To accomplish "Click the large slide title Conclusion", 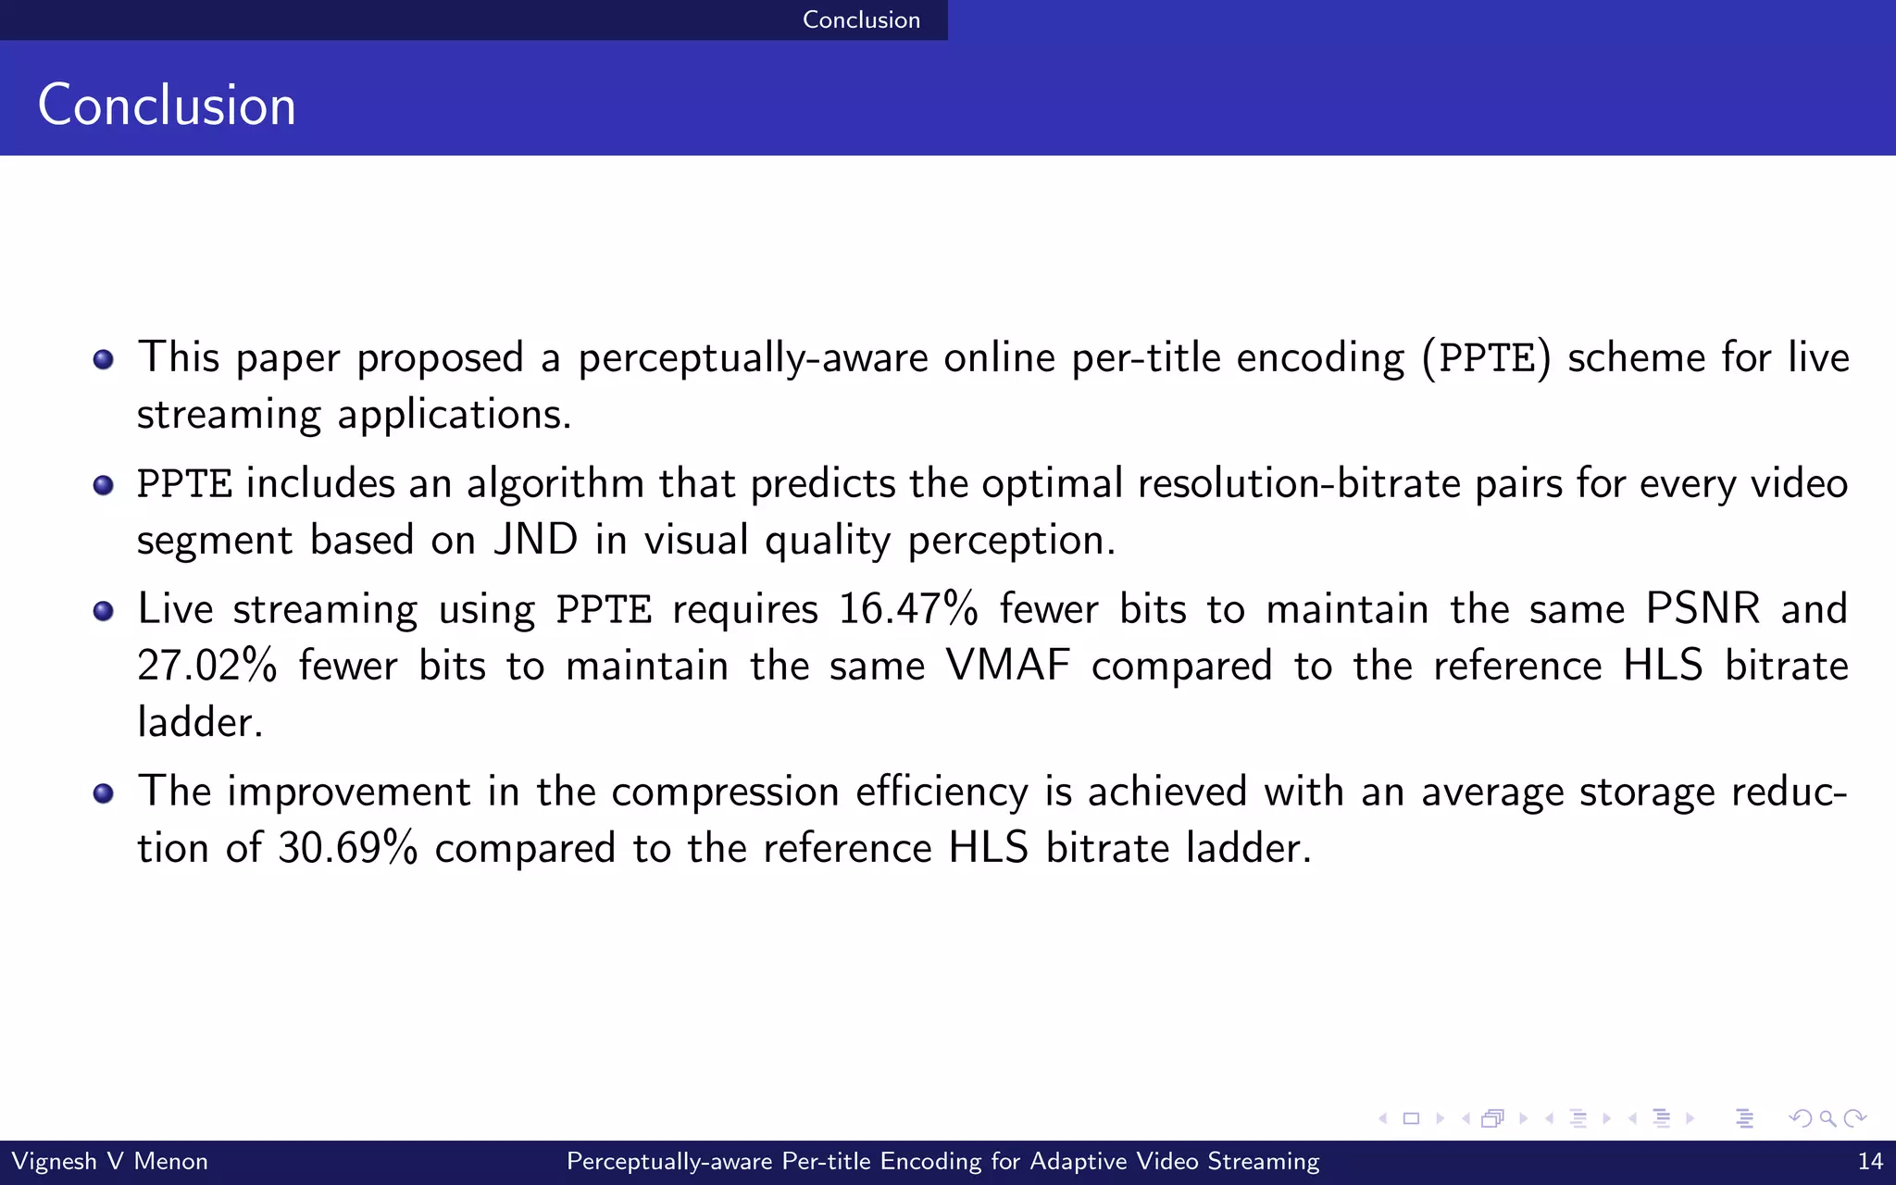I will [x=167, y=105].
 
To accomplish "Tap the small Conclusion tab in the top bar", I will [x=861, y=19].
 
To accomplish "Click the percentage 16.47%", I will [x=907, y=609].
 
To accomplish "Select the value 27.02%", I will [x=206, y=666].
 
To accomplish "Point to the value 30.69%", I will [x=347, y=848].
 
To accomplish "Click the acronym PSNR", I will [x=1703, y=609].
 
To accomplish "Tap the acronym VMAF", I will [x=1007, y=666].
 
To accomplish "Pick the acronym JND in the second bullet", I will [x=536, y=540].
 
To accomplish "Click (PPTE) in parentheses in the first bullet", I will [x=1486, y=358].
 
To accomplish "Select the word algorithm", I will [x=555, y=484].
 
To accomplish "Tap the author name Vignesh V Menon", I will [x=109, y=1161].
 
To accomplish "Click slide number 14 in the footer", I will [x=1870, y=1161].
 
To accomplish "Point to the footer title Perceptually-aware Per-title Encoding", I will [x=942, y=1161].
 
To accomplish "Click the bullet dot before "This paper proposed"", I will [x=104, y=359].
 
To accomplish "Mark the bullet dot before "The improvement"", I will [x=104, y=793].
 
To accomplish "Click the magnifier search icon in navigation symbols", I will [x=1827, y=1118].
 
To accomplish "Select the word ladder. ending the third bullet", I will [x=200, y=722].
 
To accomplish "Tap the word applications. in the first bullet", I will [x=454, y=415].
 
